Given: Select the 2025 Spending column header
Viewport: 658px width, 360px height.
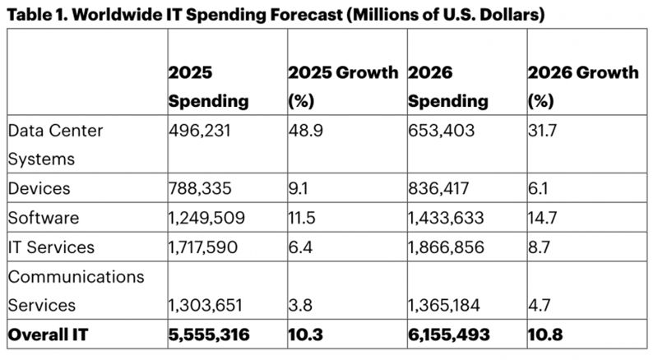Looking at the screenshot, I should point(208,87).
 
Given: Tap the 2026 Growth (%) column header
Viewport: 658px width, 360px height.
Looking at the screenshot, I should point(582,87).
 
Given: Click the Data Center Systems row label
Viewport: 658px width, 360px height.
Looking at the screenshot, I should point(58,144).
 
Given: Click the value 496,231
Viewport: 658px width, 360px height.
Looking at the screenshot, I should point(198,131).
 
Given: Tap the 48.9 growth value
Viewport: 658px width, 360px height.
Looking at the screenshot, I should point(305,131).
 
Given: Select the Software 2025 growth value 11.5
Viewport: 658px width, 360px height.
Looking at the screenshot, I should point(301,218).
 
